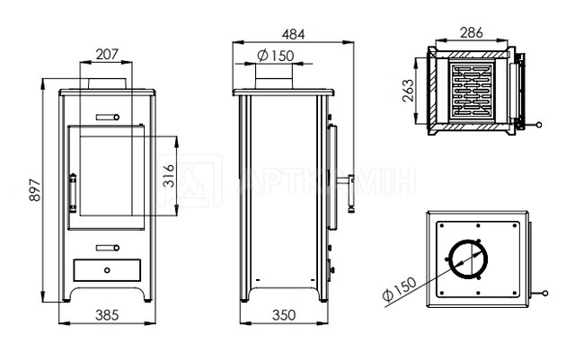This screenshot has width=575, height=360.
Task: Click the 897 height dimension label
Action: (x=35, y=189)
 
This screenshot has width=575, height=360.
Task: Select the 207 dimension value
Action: (x=107, y=54)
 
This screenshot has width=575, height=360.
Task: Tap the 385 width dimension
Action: (x=107, y=315)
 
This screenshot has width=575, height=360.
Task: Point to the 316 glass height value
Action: (x=168, y=176)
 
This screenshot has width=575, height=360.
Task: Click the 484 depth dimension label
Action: (x=294, y=34)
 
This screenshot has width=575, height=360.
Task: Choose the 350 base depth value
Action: (x=284, y=315)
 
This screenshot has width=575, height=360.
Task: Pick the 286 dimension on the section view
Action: (x=472, y=33)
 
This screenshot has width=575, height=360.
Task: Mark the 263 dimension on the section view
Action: (x=408, y=91)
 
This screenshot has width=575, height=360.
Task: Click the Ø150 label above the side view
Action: (x=276, y=56)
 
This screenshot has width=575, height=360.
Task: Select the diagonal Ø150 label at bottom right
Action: (x=399, y=289)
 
